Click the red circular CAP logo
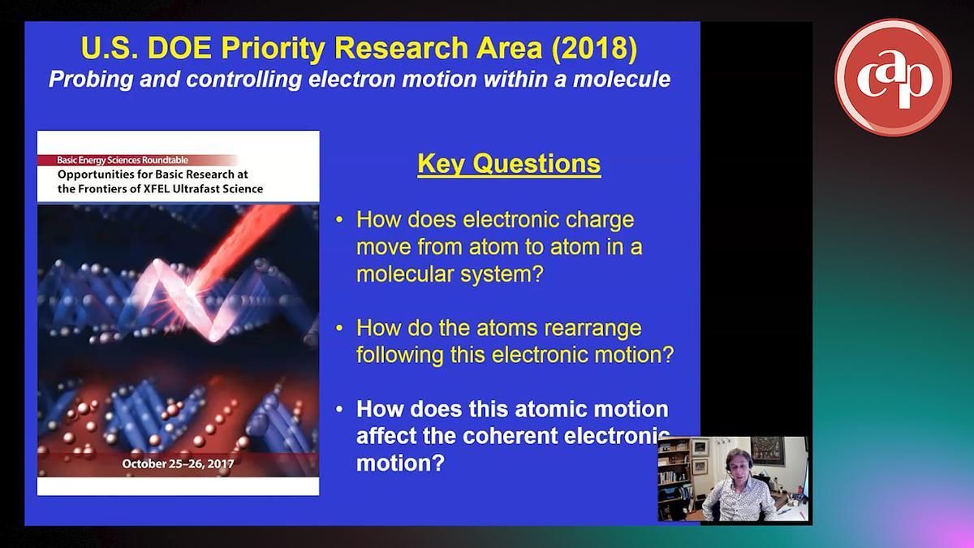coord(893,77)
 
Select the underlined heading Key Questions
coord(509,164)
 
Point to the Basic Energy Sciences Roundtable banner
coord(137,160)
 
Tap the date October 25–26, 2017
coord(178,464)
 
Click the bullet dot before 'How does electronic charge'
coord(339,220)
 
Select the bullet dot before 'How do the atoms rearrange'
coord(339,328)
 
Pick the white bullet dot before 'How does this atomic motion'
coord(339,410)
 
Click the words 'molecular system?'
coord(450,274)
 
